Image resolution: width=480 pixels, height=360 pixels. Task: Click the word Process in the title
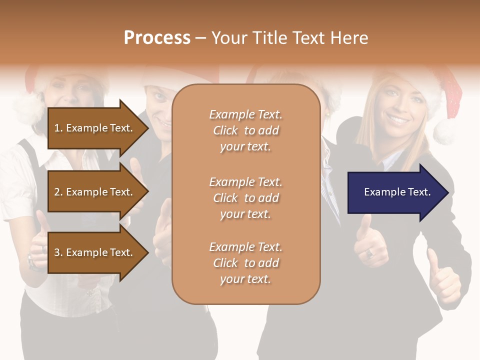click(157, 38)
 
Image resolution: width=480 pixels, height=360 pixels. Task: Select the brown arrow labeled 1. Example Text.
click(95, 128)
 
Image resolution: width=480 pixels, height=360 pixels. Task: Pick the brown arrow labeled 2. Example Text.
click(95, 192)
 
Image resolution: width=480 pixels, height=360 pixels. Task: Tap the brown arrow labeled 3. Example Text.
click(95, 252)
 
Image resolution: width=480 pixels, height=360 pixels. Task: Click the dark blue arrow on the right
click(395, 192)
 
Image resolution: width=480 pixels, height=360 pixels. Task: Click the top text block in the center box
click(245, 130)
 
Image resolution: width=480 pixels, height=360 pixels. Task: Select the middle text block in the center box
click(245, 198)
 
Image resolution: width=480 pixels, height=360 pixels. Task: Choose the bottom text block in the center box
click(245, 263)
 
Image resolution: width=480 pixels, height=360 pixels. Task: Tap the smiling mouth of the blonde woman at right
click(398, 120)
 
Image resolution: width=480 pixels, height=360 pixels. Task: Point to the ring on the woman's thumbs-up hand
click(369, 253)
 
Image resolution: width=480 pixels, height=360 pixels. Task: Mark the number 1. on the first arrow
click(58, 128)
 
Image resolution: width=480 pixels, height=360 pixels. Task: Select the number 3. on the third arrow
click(58, 253)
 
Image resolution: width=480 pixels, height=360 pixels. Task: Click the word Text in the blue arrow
click(419, 192)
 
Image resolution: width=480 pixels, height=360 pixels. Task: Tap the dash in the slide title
click(200, 38)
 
